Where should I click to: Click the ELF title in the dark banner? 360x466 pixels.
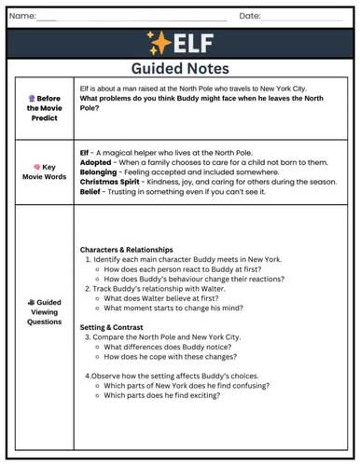[x=193, y=43]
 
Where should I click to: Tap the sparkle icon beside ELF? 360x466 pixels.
[x=159, y=43]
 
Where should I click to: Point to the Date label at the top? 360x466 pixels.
[x=250, y=16]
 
